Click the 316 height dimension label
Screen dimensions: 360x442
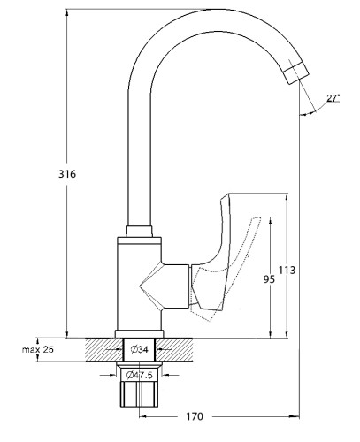67,174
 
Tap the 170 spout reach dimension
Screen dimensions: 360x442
195,416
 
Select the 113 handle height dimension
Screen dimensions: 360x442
287,270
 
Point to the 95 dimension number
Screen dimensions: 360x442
269,278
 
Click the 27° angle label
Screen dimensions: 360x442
333,98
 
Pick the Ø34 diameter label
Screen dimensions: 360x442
139,349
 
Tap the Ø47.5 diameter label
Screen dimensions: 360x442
139,375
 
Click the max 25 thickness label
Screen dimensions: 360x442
38,349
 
